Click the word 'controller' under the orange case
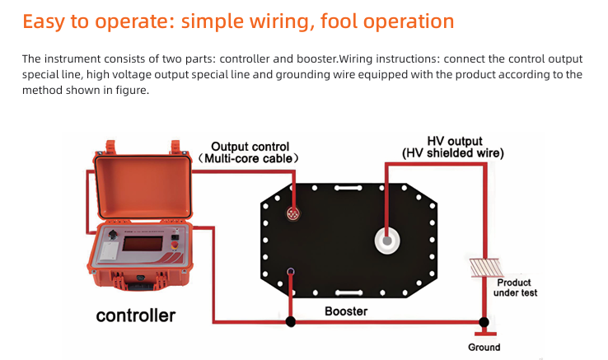(x=135, y=316)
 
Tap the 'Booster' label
(x=345, y=311)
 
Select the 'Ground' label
(x=484, y=347)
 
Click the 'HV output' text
(x=454, y=141)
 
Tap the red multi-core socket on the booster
(x=292, y=213)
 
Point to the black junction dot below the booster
(x=289, y=320)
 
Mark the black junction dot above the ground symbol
(x=484, y=321)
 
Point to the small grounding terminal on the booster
(x=289, y=272)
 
